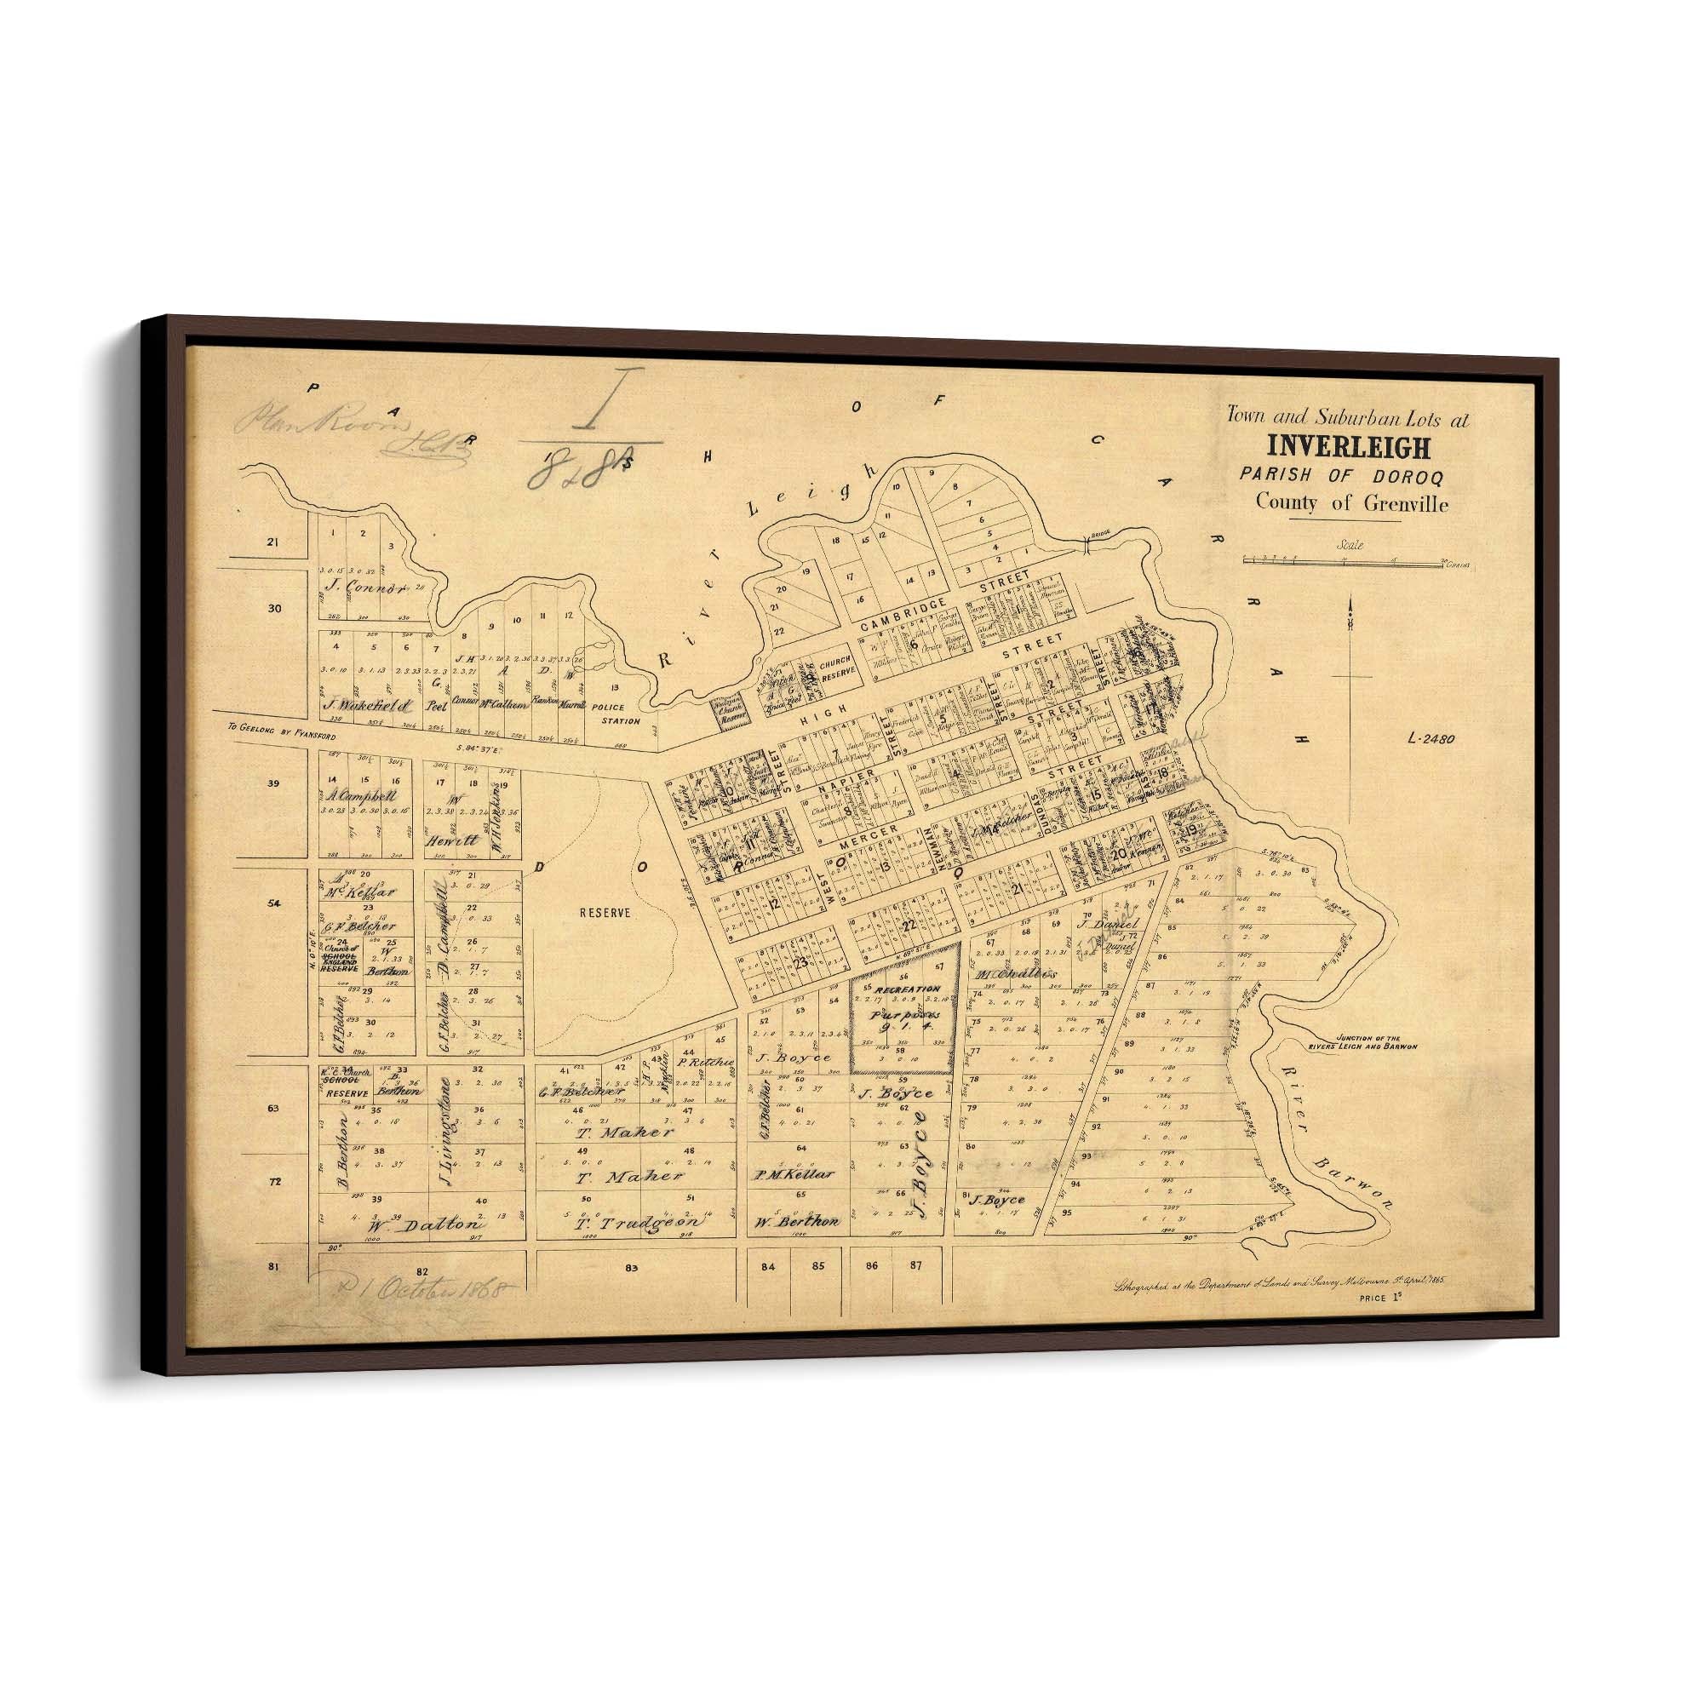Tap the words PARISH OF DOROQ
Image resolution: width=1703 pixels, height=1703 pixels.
pos(1341,476)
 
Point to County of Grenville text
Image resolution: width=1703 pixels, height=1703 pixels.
pos(1351,503)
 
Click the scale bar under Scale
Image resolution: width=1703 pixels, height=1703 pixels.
pos(1344,559)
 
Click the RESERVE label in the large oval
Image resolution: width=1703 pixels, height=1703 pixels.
pos(605,913)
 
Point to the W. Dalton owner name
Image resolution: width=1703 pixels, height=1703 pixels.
pos(426,1224)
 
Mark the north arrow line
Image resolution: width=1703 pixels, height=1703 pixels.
pos(1350,705)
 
